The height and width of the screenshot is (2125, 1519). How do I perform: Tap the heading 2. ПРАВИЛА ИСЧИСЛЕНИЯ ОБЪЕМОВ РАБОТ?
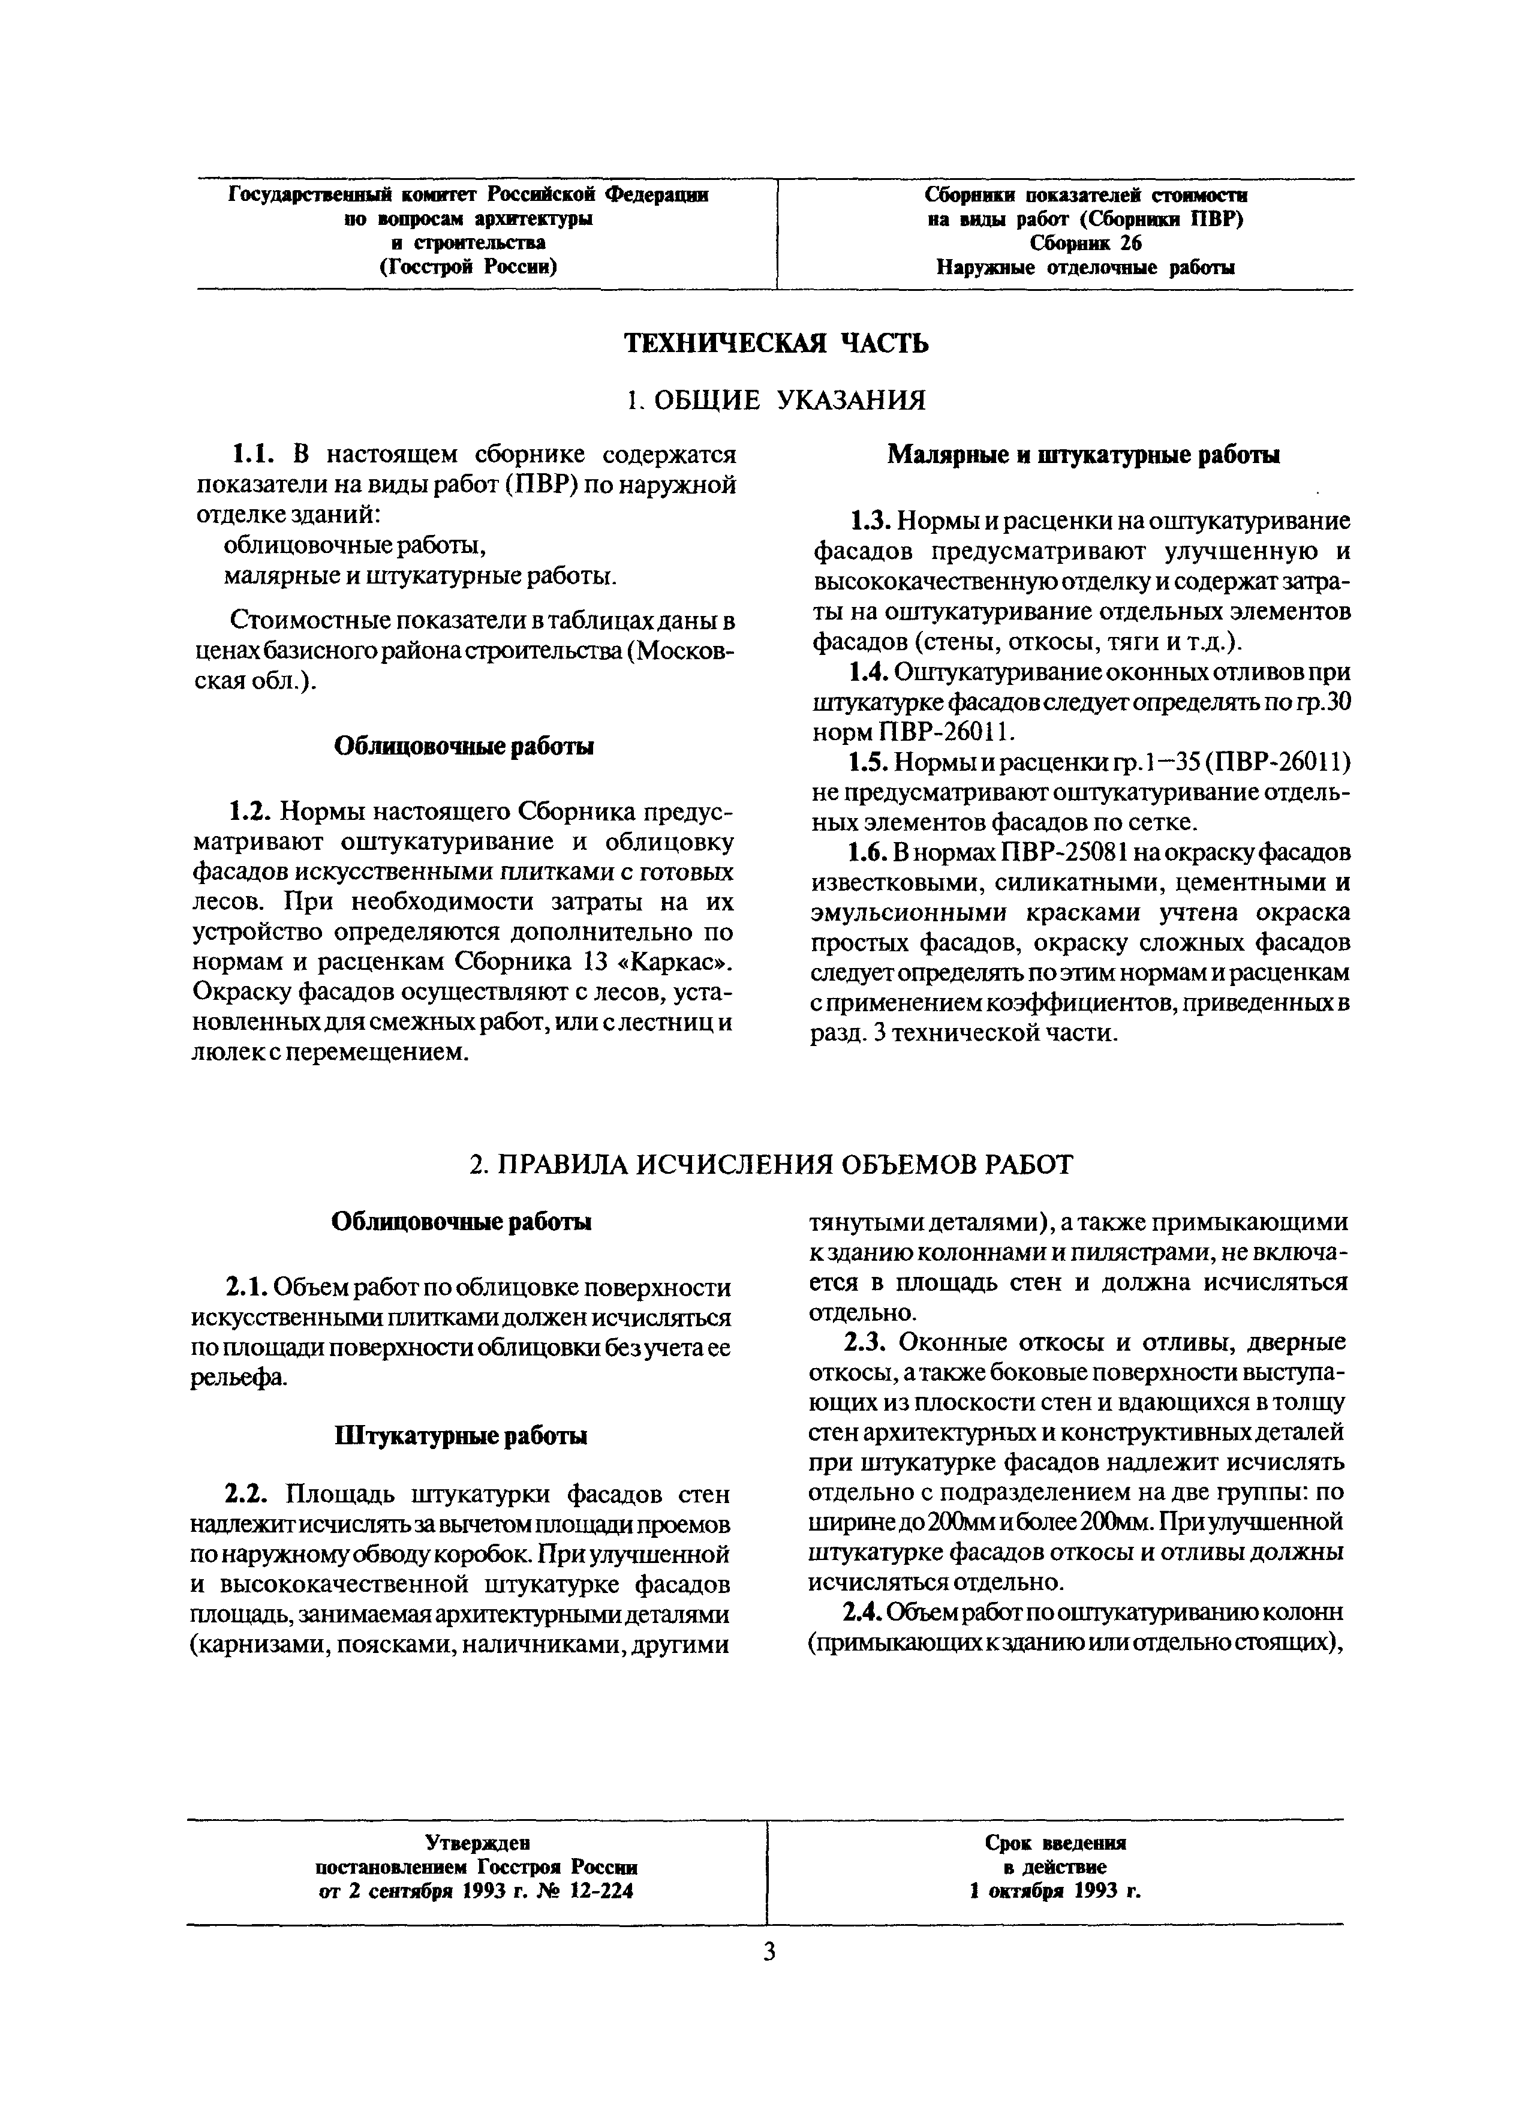(x=772, y=1164)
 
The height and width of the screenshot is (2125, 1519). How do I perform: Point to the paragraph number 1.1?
(x=251, y=455)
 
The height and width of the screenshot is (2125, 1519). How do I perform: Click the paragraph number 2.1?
(x=247, y=1289)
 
